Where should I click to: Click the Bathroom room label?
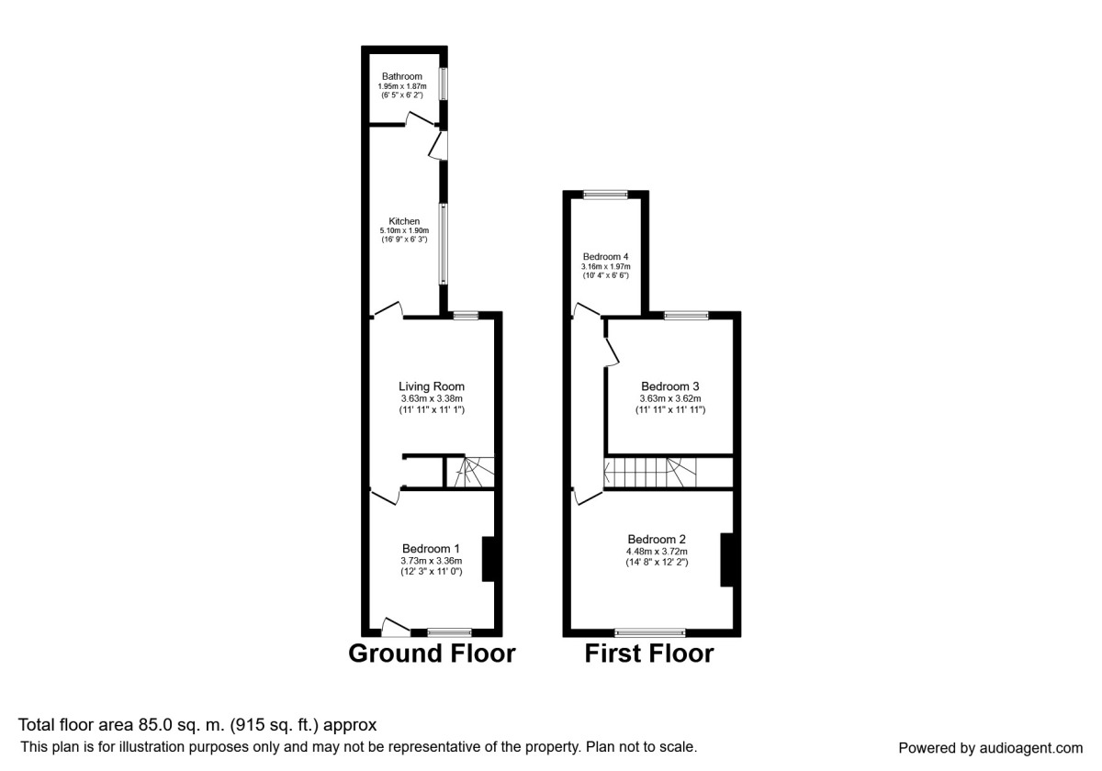(402, 76)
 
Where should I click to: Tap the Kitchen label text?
(404, 221)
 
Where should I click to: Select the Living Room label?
(432, 386)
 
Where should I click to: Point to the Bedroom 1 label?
(431, 548)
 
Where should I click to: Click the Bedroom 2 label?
(657, 539)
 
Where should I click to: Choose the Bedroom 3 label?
(670, 386)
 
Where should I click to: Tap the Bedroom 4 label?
(605, 257)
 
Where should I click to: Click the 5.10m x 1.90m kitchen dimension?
(404, 230)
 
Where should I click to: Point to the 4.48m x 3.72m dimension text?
(657, 552)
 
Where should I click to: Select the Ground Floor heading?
(432, 654)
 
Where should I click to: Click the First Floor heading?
(649, 654)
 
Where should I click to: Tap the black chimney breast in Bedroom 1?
(488, 560)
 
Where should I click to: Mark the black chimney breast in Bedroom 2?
(727, 560)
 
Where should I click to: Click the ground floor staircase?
(470, 472)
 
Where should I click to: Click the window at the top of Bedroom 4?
(605, 195)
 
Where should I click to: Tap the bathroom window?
(444, 84)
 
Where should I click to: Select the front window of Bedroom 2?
(650, 632)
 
